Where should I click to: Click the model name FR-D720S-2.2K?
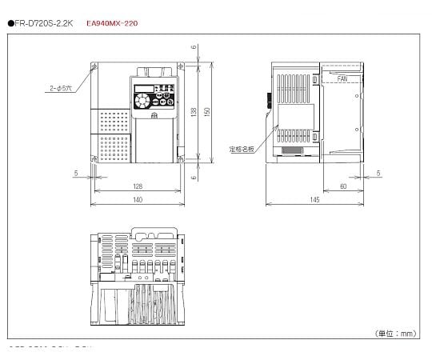45,24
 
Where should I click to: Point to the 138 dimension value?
194,113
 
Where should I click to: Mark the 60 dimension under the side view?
343,186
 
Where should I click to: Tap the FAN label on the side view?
342,79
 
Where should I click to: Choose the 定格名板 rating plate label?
241,148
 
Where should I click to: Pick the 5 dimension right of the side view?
378,172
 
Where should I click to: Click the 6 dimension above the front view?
194,47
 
